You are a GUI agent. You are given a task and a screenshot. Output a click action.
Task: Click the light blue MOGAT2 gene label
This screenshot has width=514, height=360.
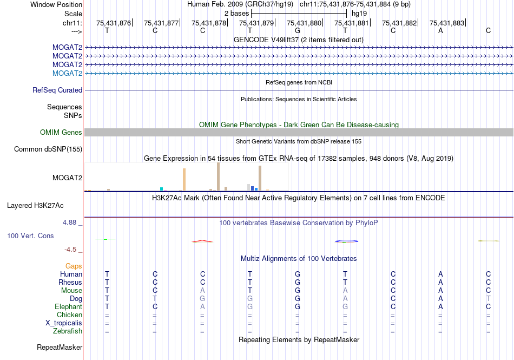pyautogui.click(x=67, y=73)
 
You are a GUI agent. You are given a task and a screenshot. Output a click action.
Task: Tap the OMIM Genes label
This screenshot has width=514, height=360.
pyautogui.click(x=61, y=133)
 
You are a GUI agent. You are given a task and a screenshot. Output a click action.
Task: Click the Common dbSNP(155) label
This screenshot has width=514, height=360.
pyautogui.click(x=48, y=149)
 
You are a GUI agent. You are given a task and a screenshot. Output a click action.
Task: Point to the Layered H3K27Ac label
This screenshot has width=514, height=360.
pyautogui.click(x=35, y=206)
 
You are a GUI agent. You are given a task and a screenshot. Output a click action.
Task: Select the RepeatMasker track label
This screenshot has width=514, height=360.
pyautogui.click(x=60, y=347)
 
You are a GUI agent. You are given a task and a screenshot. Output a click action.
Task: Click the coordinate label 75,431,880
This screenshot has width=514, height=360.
pyautogui.click(x=304, y=23)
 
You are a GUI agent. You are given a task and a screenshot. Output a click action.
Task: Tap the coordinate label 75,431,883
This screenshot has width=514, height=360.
pyautogui.click(x=447, y=23)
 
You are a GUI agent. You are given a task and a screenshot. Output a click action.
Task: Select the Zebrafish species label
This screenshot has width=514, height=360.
pyautogui.click(x=68, y=331)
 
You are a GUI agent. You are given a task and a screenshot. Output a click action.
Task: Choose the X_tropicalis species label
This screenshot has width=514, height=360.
pyautogui.click(x=64, y=323)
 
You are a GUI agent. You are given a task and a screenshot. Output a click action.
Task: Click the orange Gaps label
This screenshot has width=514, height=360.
pyautogui.click(x=74, y=266)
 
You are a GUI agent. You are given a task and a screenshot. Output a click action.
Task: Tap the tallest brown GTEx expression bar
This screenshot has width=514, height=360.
pyautogui.click(x=218, y=176)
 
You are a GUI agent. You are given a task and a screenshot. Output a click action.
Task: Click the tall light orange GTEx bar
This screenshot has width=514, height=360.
pyautogui.click(x=184, y=179)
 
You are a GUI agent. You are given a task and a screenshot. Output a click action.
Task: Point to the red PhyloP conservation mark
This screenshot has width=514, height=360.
pyautogui.click(x=202, y=241)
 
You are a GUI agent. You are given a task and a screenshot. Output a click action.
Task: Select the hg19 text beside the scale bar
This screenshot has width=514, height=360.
pyautogui.click(x=359, y=12)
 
